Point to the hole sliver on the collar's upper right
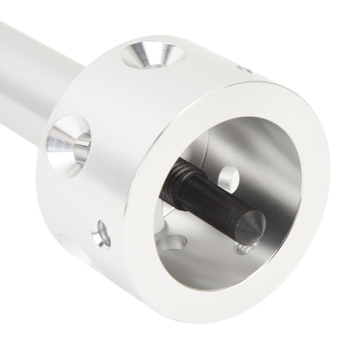(246, 69)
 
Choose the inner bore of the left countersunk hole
(82, 146)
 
